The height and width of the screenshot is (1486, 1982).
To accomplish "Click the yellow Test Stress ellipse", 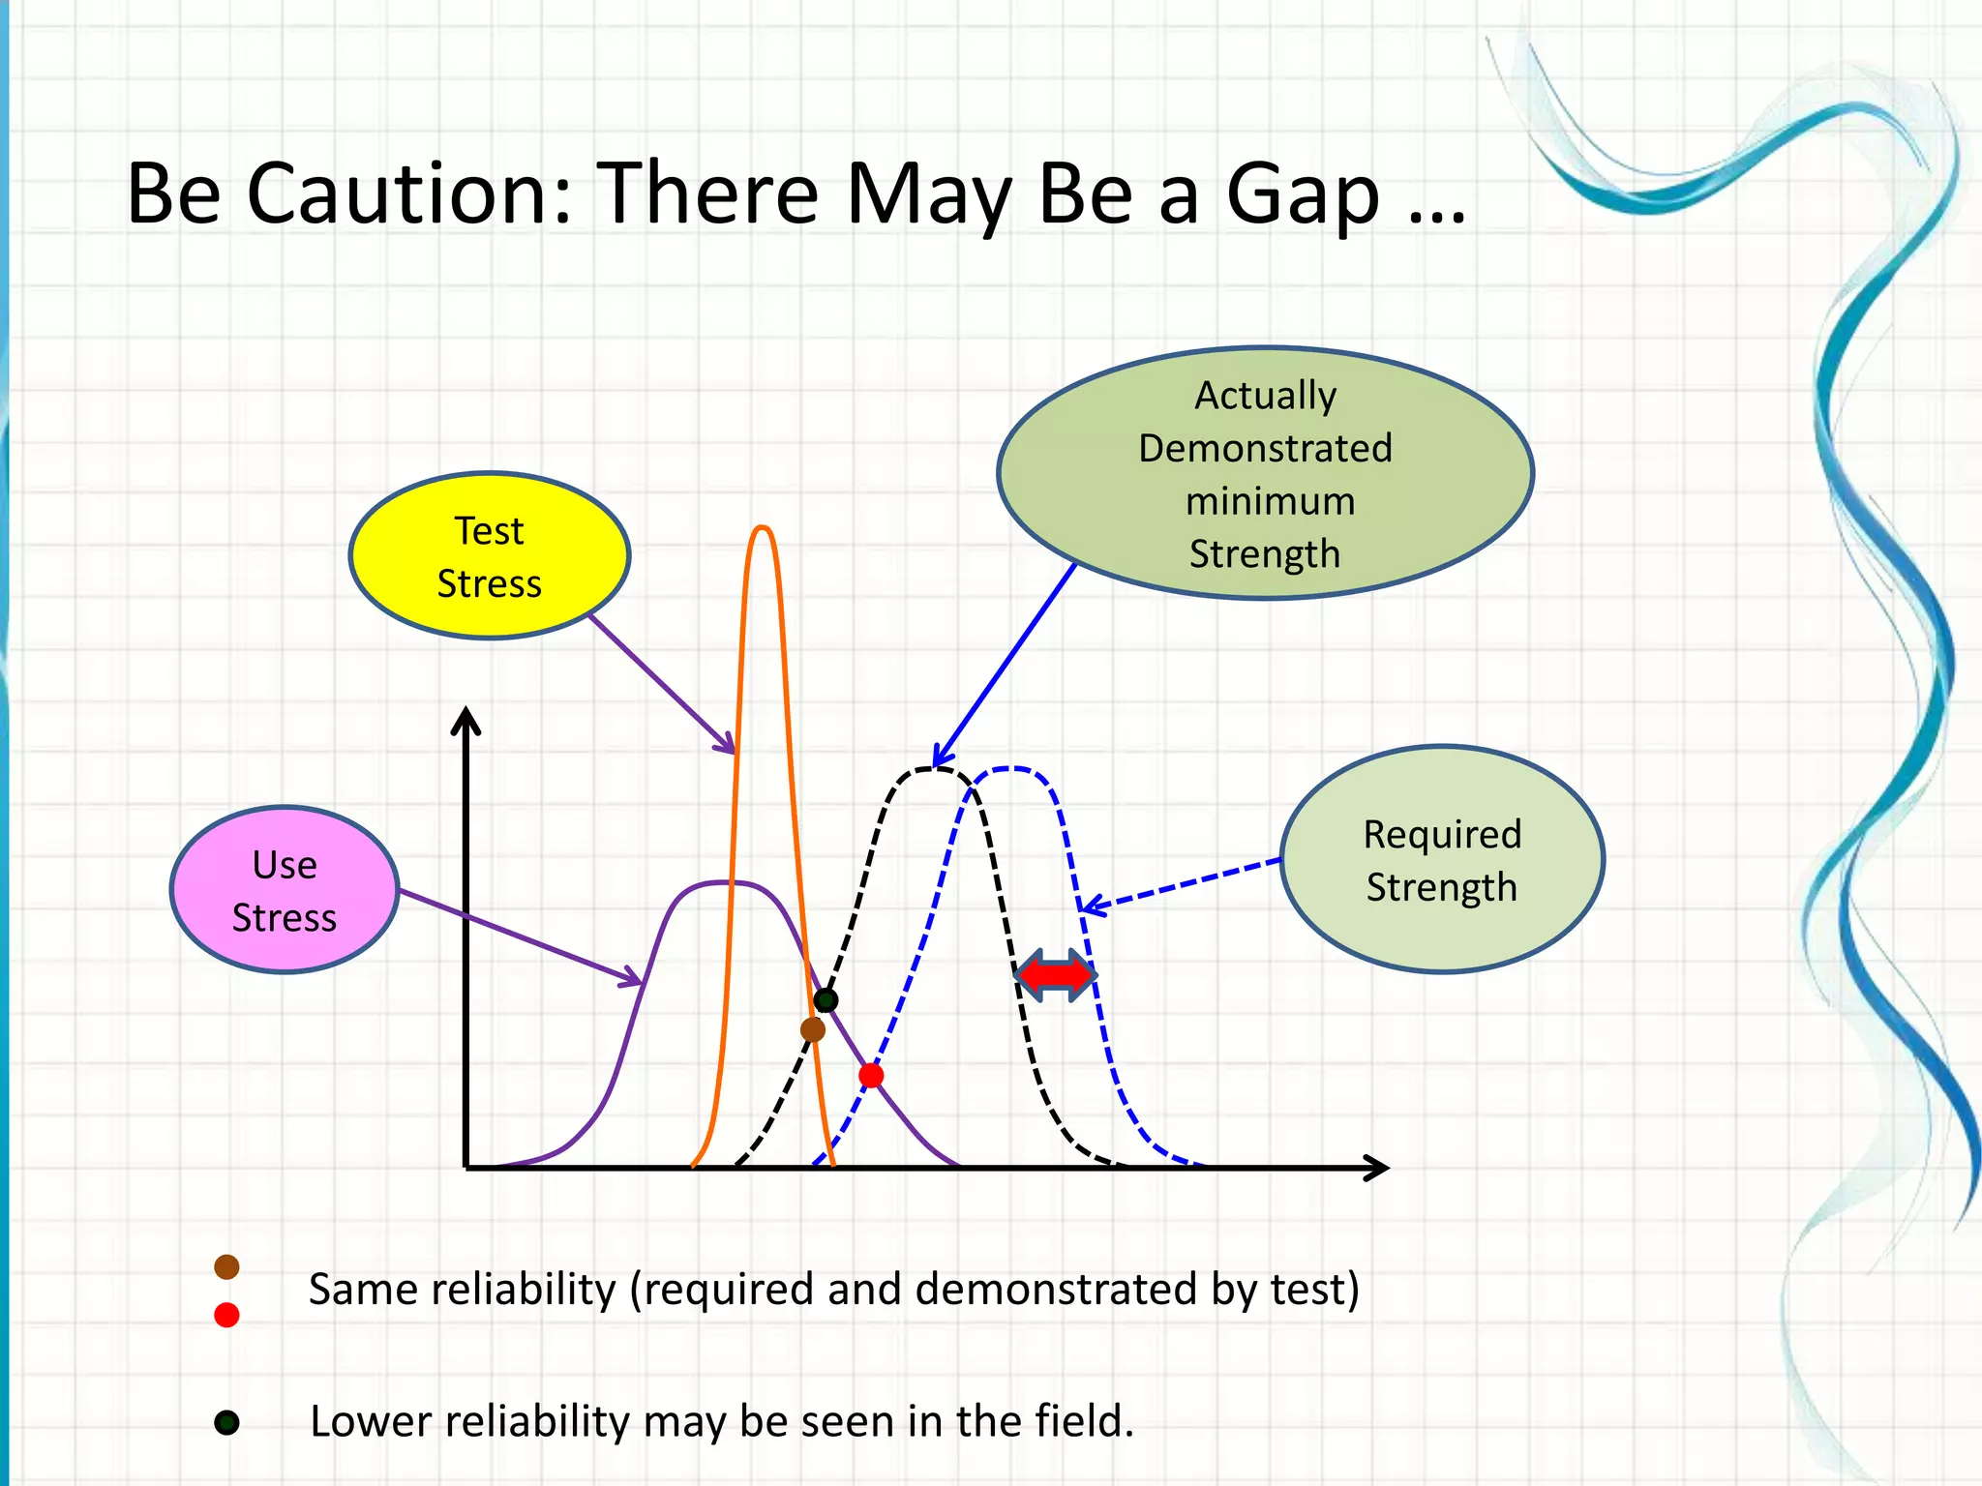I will click(x=490, y=556).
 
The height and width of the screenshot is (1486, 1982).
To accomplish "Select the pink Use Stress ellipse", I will click(x=285, y=890).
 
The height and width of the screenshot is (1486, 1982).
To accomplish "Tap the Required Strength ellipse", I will click(x=1442, y=859).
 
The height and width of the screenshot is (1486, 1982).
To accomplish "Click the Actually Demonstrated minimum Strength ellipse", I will click(x=1265, y=473).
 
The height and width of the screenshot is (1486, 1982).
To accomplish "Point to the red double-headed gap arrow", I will click(x=1056, y=975).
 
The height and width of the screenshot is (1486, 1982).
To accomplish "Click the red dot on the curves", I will click(x=871, y=1075).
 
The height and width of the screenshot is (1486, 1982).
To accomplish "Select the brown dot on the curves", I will click(x=813, y=1029).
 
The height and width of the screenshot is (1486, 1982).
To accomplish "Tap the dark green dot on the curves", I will click(x=826, y=999).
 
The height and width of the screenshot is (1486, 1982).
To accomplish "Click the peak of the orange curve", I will click(x=763, y=528).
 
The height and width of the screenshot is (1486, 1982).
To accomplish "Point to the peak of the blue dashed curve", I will click(x=1009, y=768).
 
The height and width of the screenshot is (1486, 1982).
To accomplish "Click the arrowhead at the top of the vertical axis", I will click(x=466, y=720).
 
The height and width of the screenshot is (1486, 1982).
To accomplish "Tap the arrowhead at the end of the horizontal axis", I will click(x=1378, y=1168).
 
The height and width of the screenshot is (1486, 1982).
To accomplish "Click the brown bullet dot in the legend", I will click(x=226, y=1267).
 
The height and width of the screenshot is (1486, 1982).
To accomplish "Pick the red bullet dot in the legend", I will click(x=226, y=1315).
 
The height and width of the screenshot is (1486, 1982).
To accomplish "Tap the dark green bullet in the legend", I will click(x=226, y=1422).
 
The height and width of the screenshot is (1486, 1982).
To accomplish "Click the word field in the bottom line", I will click(x=1082, y=1421).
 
